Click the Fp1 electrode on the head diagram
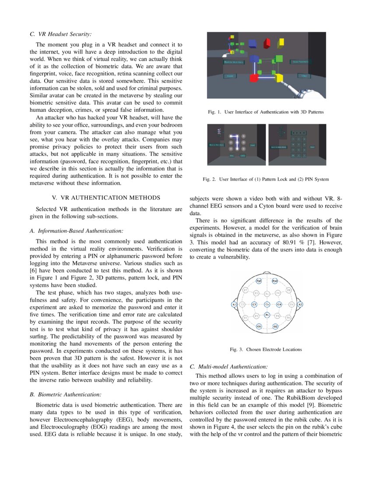coord(259,280)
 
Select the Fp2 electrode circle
coord(275,280)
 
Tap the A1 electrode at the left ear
coord(234,304)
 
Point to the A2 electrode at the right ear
coord(300,304)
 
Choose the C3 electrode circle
coord(254,304)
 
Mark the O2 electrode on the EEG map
coord(275,326)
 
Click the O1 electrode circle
coord(259,326)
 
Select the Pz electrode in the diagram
coord(267,315)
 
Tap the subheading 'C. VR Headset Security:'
coord(61,34)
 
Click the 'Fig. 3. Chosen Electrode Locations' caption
coord(266,349)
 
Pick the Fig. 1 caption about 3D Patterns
coord(266,113)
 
